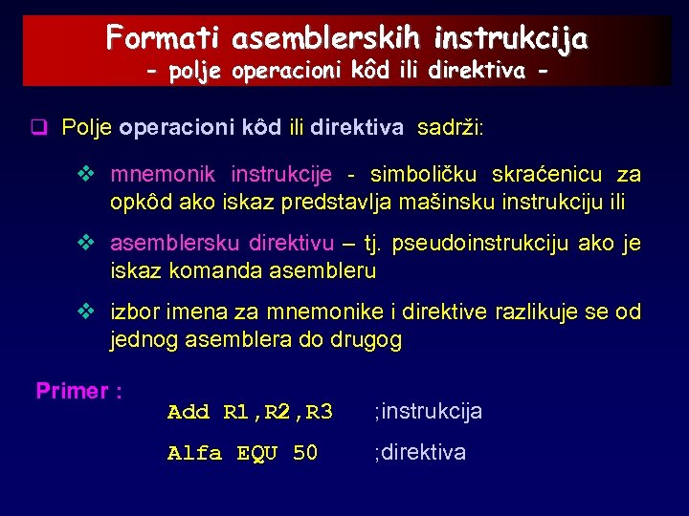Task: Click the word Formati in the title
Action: coord(164,38)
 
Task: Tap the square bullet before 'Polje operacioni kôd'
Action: coord(39,128)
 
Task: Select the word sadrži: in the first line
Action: coord(450,128)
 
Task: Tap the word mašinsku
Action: coord(453,202)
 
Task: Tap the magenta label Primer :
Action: coord(78,391)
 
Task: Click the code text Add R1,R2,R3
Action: coord(250,412)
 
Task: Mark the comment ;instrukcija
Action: coord(428,412)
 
